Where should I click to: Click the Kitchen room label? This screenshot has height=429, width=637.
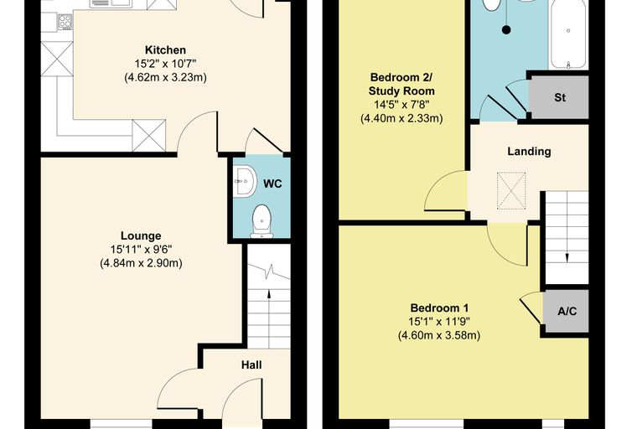[x=165, y=50]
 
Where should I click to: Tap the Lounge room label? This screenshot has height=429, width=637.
[x=141, y=236]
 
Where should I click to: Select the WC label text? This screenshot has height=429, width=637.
[x=272, y=184]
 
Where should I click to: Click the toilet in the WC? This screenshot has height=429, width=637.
[x=262, y=221]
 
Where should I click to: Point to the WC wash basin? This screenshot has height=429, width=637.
[x=245, y=182]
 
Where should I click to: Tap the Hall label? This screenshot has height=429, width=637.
[x=251, y=364]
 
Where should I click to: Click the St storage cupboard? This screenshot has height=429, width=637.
[x=560, y=97]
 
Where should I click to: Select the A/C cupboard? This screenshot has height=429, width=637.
[x=567, y=311]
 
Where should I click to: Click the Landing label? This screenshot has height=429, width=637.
[x=529, y=152]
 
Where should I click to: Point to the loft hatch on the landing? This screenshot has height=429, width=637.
[x=511, y=191]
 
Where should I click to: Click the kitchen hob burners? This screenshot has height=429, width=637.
[x=65, y=22]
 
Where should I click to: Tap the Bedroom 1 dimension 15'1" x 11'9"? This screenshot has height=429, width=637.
[x=438, y=322]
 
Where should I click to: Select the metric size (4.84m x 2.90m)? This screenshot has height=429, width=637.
[x=141, y=263]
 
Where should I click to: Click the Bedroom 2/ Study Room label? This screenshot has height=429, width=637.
[x=401, y=84]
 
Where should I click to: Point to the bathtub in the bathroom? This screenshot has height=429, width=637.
[x=568, y=34]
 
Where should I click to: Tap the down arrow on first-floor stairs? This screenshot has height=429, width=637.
[x=567, y=252]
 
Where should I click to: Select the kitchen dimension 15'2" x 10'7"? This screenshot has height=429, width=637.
[x=165, y=64]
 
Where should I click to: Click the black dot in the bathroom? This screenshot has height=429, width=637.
[x=506, y=29]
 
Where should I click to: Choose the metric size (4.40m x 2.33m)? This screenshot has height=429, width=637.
[x=401, y=119]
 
